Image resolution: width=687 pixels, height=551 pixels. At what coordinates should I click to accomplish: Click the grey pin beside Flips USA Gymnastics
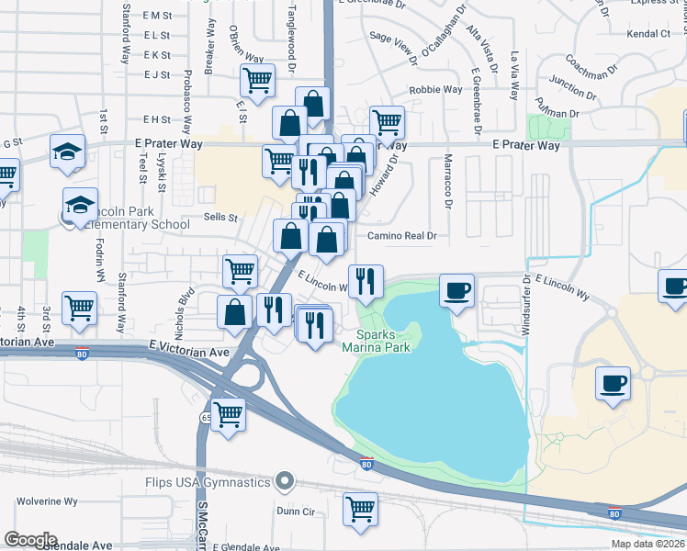(x=285, y=481)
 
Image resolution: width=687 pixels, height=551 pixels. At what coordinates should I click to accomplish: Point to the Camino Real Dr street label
(x=401, y=236)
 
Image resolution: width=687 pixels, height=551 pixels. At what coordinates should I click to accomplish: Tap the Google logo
(x=30, y=540)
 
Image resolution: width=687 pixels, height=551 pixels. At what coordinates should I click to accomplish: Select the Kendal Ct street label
(x=648, y=33)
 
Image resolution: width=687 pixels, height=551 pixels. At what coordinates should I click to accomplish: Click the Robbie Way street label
(x=435, y=90)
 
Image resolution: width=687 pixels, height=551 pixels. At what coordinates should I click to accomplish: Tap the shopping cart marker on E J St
(x=257, y=80)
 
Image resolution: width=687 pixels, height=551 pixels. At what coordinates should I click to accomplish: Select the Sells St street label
(x=220, y=219)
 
